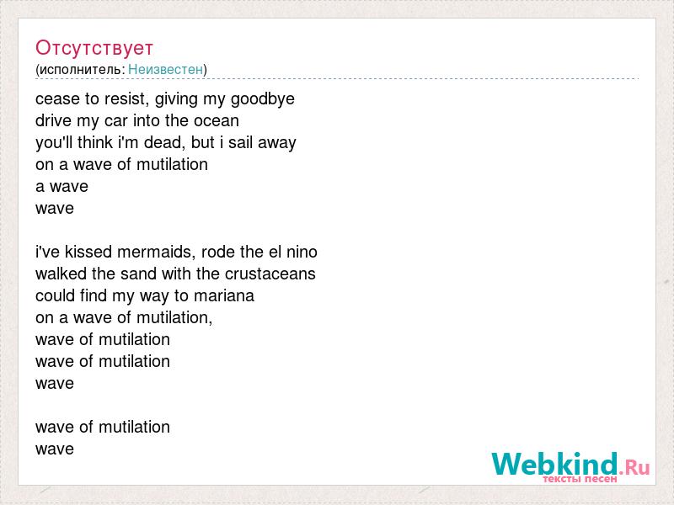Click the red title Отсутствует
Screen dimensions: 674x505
[x=94, y=48]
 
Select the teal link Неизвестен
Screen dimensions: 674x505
[x=165, y=69]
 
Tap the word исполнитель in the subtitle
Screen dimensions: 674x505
[x=81, y=70]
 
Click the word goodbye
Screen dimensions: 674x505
[x=263, y=99]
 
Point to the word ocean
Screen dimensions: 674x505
[x=217, y=120]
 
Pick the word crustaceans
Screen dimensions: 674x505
[x=270, y=274]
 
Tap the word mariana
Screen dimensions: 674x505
[x=224, y=295]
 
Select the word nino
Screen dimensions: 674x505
[x=302, y=252]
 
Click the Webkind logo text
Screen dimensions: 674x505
[x=555, y=464]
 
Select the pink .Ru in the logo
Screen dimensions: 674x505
[x=634, y=466]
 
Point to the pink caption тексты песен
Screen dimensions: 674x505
[x=580, y=478]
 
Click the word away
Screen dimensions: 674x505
[x=277, y=143]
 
